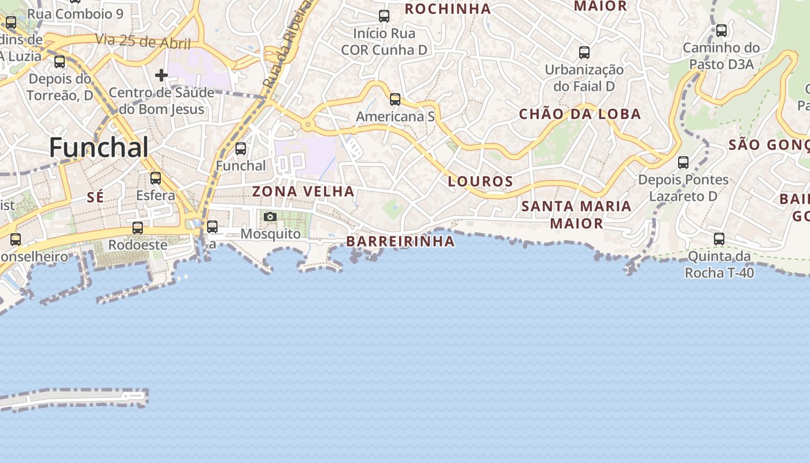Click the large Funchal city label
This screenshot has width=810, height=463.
click(99, 148)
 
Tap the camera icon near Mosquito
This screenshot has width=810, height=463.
click(270, 217)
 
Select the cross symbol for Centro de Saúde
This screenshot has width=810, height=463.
click(161, 75)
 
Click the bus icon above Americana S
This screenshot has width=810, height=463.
click(395, 100)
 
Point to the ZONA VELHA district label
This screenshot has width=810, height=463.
click(303, 191)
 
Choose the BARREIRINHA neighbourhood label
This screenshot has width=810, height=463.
click(400, 241)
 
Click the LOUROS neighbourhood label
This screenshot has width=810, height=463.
click(481, 181)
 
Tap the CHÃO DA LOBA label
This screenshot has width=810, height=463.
click(580, 114)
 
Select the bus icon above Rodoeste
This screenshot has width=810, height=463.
click(138, 228)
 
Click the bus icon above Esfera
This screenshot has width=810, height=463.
click(156, 178)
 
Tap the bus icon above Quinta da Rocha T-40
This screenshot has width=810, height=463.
click(719, 238)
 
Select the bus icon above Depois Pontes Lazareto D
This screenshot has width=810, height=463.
click(683, 163)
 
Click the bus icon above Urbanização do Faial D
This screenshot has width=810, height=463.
click(584, 53)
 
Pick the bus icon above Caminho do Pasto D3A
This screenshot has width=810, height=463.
click(721, 31)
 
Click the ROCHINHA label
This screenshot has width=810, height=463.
click(448, 9)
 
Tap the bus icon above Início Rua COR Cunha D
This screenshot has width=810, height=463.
click(384, 16)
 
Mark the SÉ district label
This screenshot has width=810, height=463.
click(95, 197)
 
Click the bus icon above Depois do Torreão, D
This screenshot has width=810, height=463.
click(60, 62)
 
